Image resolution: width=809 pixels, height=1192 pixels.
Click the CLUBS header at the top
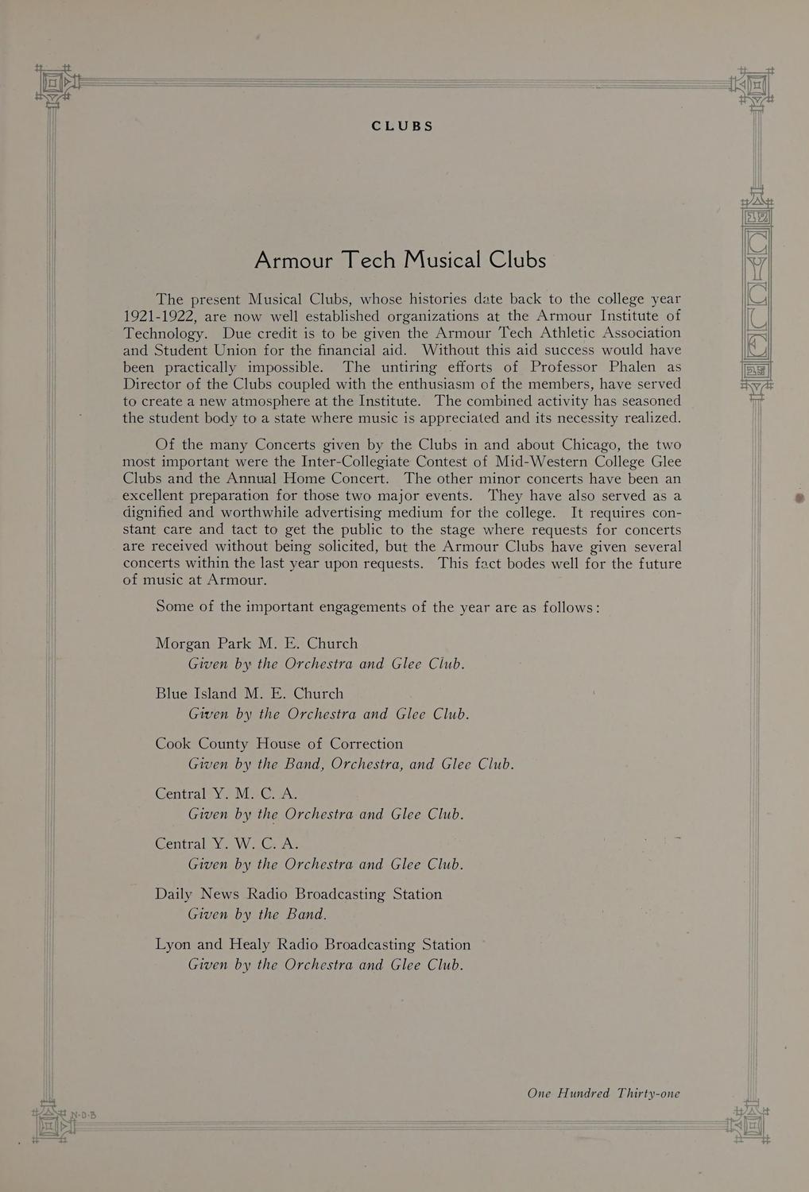pyautogui.click(x=403, y=126)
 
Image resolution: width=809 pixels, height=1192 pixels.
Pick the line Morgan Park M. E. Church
pyautogui.click(x=257, y=643)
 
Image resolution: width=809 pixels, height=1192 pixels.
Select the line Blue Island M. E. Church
pyautogui.click(x=250, y=693)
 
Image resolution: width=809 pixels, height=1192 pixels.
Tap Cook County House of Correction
pyautogui.click(x=279, y=743)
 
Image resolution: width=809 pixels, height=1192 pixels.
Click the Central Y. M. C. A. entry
pyautogui.click(x=226, y=793)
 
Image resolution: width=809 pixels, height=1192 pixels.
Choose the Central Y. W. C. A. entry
pyautogui.click(x=226, y=843)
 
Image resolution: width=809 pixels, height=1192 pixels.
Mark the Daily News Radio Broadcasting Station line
pyautogui.click(x=299, y=894)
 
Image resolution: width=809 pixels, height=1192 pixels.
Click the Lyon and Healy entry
pyautogui.click(x=313, y=944)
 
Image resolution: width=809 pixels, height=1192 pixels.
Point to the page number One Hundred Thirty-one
pyautogui.click(x=603, y=1093)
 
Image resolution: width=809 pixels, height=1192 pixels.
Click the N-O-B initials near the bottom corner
pyautogui.click(x=83, y=1115)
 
